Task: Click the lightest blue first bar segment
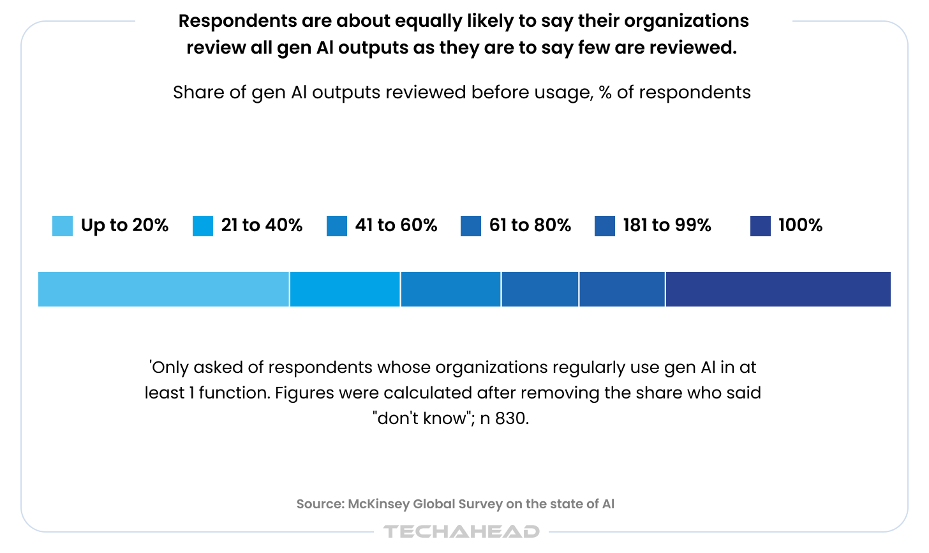(163, 289)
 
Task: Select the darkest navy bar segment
(778, 289)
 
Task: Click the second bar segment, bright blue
(345, 289)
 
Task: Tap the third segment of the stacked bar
(451, 289)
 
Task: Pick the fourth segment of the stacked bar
(540, 289)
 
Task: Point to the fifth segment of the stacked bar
(622, 289)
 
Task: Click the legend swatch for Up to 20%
(63, 226)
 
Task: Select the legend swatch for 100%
(760, 226)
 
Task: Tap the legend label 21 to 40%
(262, 225)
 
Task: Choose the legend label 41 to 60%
(396, 225)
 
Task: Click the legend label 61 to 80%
(530, 225)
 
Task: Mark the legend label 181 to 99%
(667, 225)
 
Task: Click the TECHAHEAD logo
(461, 531)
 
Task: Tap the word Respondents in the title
(237, 21)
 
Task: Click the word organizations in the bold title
(687, 21)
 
